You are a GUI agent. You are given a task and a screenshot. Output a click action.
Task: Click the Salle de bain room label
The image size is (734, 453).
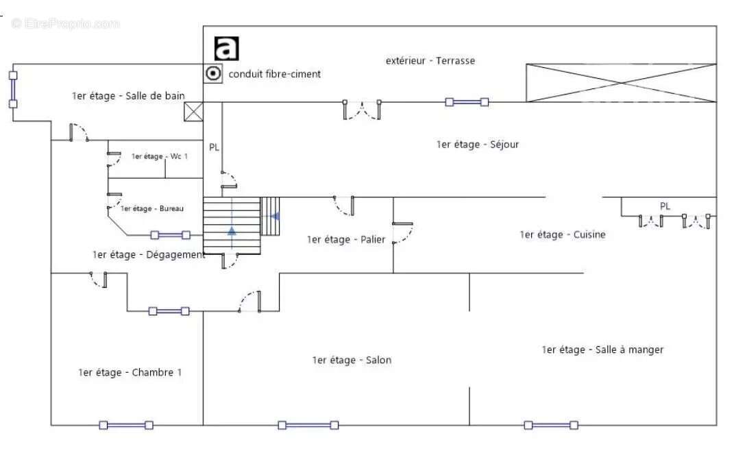click(128, 96)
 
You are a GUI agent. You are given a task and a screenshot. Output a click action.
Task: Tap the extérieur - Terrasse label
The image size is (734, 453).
click(430, 60)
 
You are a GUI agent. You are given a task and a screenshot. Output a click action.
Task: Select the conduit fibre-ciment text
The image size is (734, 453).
click(274, 74)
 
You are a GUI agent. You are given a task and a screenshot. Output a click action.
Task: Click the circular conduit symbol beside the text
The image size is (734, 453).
click(214, 73)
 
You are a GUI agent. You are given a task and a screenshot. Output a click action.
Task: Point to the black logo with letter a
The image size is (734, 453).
click(227, 49)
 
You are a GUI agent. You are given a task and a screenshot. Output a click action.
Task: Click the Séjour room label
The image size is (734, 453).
click(477, 145)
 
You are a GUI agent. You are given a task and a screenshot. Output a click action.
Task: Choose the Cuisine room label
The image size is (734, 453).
click(562, 235)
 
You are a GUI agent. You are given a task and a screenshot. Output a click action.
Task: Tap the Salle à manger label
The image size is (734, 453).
click(602, 350)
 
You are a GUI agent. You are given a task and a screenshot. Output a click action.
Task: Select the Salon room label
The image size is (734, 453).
click(352, 360)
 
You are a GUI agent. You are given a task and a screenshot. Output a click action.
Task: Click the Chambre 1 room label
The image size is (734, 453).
click(130, 372)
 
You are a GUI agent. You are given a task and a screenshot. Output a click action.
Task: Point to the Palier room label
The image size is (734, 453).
click(346, 239)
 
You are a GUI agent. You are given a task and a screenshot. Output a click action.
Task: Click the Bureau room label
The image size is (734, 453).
click(152, 208)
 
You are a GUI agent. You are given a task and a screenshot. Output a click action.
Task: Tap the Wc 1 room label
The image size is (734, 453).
click(159, 156)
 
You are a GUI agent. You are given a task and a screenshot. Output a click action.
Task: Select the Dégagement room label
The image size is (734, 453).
click(149, 255)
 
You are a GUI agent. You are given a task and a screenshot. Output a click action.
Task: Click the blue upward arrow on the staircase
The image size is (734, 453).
click(232, 230)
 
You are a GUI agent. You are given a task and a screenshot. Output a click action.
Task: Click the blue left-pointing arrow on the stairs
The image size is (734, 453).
click(275, 217)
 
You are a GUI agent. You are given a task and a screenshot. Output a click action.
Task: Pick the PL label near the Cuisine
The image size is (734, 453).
click(665, 206)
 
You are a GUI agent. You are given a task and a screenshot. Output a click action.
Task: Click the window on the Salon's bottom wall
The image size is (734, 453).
click(308, 425)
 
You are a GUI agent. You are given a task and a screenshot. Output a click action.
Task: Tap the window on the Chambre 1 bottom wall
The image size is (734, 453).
click(126, 425)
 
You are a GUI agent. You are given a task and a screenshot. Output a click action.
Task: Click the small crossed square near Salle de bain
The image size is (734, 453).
click(193, 112)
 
